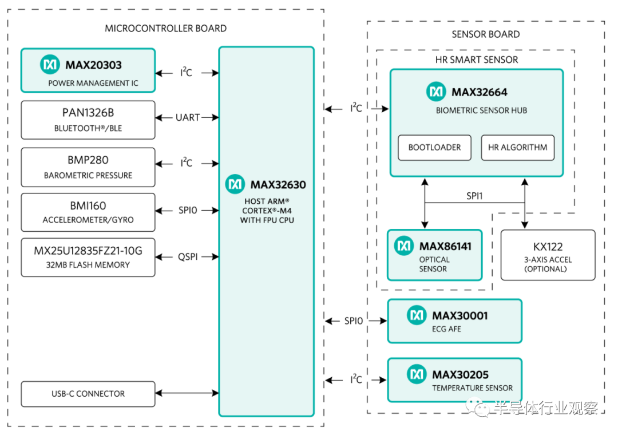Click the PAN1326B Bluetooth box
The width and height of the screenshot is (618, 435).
88,120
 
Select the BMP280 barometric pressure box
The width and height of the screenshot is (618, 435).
88,167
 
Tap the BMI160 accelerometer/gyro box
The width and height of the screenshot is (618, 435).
88,212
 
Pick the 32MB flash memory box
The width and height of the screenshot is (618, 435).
88,257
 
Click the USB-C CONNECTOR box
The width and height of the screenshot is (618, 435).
88,394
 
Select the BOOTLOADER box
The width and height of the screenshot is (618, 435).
434,148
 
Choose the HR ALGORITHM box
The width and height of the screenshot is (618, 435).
517,148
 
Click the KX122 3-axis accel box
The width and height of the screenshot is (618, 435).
548,255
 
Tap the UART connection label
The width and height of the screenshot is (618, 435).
187,117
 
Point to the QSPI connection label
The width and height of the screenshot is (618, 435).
187,257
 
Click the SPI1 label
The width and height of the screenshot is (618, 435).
475,195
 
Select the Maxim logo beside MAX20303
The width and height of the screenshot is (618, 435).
50,65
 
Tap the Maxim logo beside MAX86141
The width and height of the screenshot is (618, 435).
405,246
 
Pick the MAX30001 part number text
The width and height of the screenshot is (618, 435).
460,315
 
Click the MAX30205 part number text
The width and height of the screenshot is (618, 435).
460,375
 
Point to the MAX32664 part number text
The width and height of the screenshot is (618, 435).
479,92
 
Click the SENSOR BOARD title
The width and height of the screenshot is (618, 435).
485,34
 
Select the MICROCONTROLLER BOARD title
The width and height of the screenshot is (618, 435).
165,29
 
